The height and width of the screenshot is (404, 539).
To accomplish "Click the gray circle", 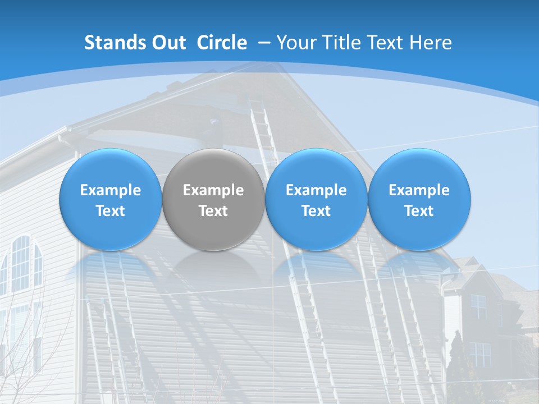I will click(x=213, y=199).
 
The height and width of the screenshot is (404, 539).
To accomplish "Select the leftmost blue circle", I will click(x=110, y=199).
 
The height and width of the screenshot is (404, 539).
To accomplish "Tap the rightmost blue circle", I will click(x=419, y=199).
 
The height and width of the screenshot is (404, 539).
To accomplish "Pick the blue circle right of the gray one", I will click(x=316, y=199).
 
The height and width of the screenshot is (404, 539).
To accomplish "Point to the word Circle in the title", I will click(x=222, y=43).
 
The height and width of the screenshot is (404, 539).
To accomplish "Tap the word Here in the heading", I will click(x=431, y=43).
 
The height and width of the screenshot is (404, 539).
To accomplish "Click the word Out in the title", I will click(x=168, y=43).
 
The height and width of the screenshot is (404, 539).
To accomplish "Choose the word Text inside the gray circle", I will click(x=213, y=211).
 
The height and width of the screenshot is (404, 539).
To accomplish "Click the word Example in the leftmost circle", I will click(x=110, y=190).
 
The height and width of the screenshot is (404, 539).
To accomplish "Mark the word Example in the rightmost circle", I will click(x=419, y=190).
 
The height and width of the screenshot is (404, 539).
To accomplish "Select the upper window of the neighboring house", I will click(x=478, y=306).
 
